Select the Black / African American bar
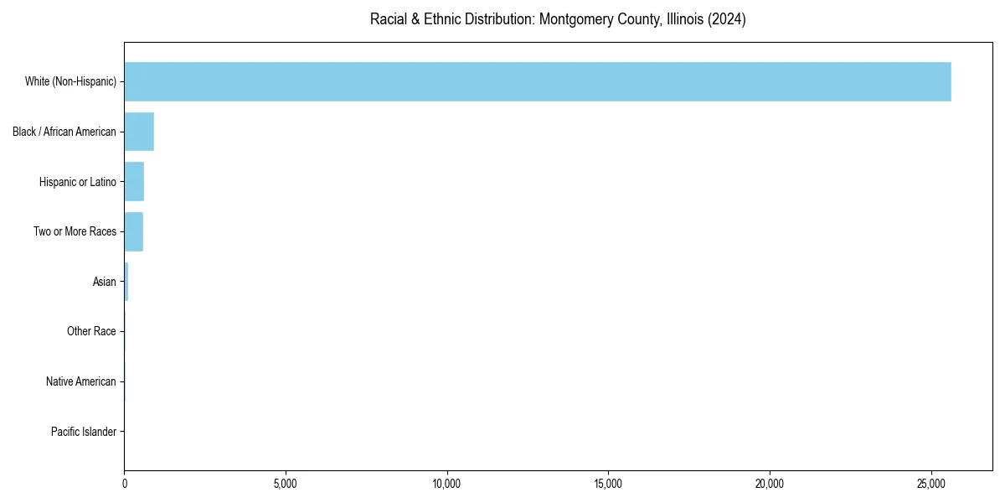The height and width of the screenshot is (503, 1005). [139, 132]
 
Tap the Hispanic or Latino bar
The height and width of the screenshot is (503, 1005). [134, 182]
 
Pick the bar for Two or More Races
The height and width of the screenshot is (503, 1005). [134, 231]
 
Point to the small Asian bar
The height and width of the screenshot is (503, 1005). [126, 282]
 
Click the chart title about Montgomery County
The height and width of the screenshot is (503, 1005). [558, 19]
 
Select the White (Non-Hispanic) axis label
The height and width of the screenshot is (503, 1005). [70, 81]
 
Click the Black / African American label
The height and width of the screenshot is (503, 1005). [64, 132]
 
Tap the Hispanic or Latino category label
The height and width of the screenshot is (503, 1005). [78, 182]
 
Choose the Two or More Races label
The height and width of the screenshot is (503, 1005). [75, 231]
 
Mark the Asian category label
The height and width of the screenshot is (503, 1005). [105, 282]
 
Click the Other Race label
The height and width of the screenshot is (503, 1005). [91, 332]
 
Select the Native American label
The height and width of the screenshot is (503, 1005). [81, 381]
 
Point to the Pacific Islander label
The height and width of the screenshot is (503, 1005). [83, 432]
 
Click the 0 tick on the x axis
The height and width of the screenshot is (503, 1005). [125, 484]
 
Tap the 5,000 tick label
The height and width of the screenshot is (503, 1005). [286, 484]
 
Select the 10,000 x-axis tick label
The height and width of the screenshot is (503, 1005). [447, 484]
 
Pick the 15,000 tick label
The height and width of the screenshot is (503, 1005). [608, 484]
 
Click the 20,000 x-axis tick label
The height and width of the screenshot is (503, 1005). [770, 484]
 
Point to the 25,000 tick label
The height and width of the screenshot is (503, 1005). [931, 484]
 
